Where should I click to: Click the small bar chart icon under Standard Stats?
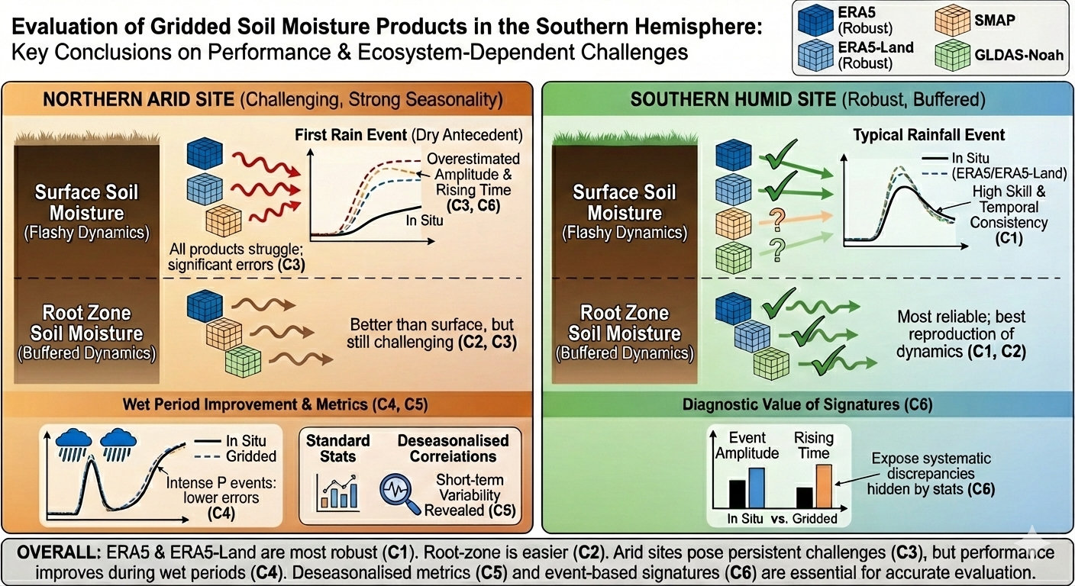pos(337,491)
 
